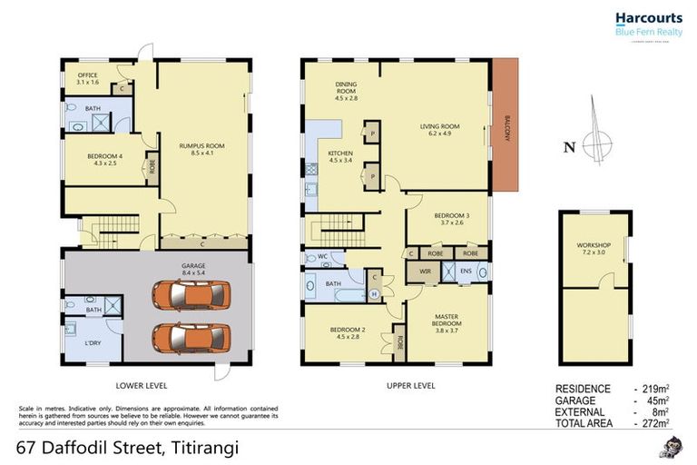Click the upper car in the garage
(x=191, y=295)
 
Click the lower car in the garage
(x=191, y=337)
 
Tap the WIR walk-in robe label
(x=424, y=272)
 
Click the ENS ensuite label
(x=466, y=271)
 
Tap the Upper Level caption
(x=412, y=385)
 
